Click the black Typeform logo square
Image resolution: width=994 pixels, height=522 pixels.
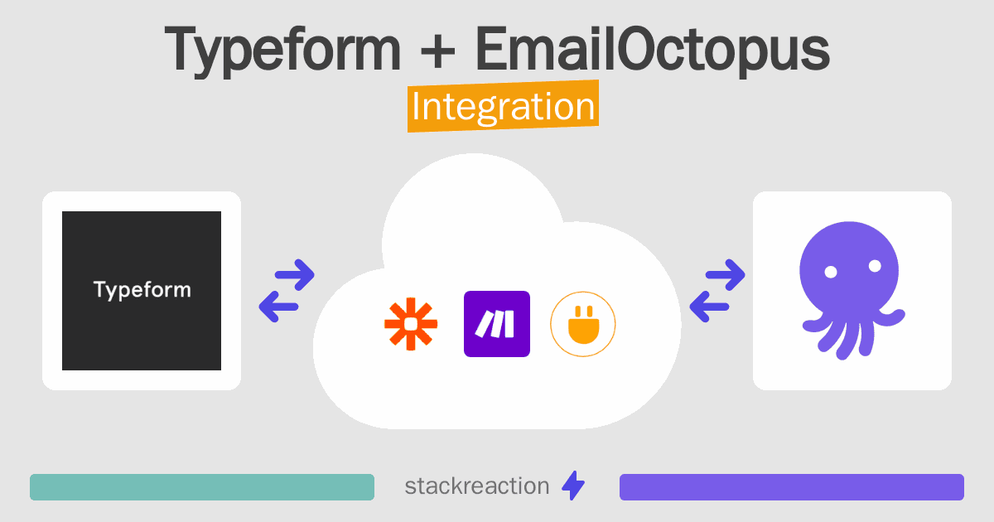click(x=142, y=291)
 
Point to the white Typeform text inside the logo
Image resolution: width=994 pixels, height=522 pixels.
click(x=142, y=290)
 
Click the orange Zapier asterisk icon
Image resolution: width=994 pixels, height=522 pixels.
click(x=410, y=324)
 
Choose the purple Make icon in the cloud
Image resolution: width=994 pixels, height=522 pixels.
click(x=497, y=324)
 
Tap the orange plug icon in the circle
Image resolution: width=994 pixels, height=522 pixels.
click(x=583, y=324)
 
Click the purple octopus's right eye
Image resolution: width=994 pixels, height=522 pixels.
click(x=873, y=267)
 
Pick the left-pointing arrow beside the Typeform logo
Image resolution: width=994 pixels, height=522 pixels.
click(x=279, y=307)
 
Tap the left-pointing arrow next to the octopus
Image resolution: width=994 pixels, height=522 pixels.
click(x=710, y=307)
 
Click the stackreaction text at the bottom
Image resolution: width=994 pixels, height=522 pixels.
click(x=476, y=486)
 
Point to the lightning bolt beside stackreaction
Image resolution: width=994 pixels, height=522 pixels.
click(x=572, y=486)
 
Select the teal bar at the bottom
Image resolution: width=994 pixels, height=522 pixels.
click(x=202, y=487)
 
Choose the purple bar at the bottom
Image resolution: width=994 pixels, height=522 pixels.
click(x=791, y=487)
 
